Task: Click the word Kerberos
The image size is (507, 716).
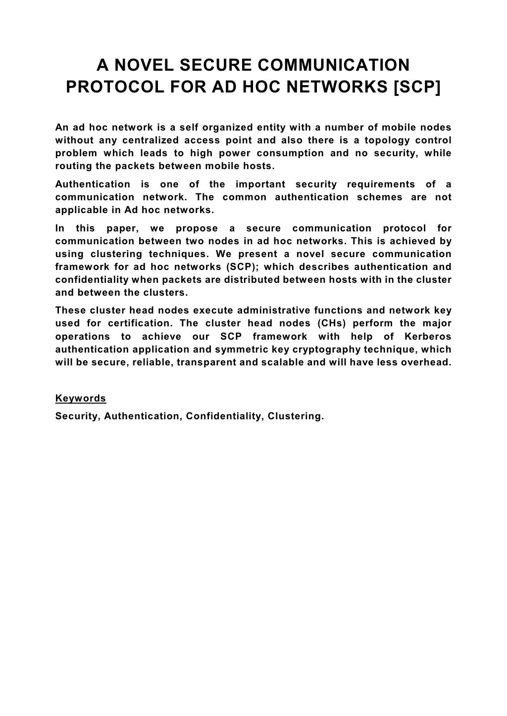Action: (x=428, y=336)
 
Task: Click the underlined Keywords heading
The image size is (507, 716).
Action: (x=81, y=398)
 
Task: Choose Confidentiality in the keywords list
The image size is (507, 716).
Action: (x=224, y=416)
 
